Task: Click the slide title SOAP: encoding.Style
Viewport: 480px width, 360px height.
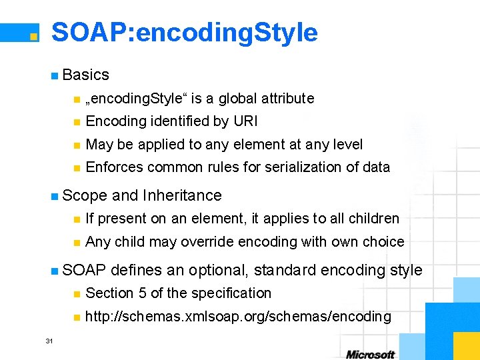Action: pyautogui.click(x=185, y=32)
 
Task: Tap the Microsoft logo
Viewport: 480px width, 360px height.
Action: pyautogui.click(x=370, y=355)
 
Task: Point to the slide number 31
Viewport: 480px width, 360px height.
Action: pyautogui.click(x=49, y=341)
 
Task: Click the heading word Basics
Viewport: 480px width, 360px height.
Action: pyautogui.click(x=86, y=75)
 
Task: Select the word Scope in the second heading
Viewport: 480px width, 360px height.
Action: pyautogui.click(x=85, y=195)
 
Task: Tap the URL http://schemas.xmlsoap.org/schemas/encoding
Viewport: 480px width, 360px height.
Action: pyautogui.click(x=239, y=317)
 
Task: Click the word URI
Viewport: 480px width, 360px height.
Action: pyautogui.click(x=245, y=121)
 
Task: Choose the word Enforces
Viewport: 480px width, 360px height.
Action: pyautogui.click(x=113, y=167)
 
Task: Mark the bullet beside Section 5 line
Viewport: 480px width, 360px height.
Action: pyautogui.click(x=77, y=294)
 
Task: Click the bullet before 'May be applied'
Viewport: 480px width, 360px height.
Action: pyautogui.click(x=77, y=145)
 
